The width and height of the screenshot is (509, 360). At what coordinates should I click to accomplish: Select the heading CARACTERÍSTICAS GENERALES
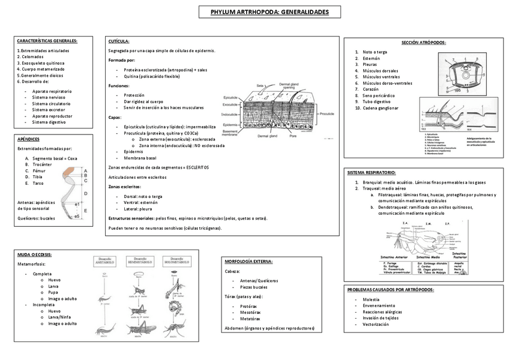click(47, 41)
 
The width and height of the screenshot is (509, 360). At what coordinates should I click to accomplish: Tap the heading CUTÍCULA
click(119, 41)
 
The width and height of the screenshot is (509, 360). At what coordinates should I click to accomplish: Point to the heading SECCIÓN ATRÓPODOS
click(424, 43)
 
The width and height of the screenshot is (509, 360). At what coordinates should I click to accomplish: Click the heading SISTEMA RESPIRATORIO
click(372, 173)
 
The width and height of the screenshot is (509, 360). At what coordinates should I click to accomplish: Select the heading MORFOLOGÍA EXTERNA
click(248, 262)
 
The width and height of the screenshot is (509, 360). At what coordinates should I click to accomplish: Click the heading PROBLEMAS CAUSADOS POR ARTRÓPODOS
click(391, 290)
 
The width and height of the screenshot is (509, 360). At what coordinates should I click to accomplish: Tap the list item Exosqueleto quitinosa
click(41, 63)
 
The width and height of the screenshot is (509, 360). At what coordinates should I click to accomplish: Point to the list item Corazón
click(372, 89)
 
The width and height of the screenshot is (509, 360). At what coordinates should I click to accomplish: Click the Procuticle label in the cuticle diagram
click(327, 113)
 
